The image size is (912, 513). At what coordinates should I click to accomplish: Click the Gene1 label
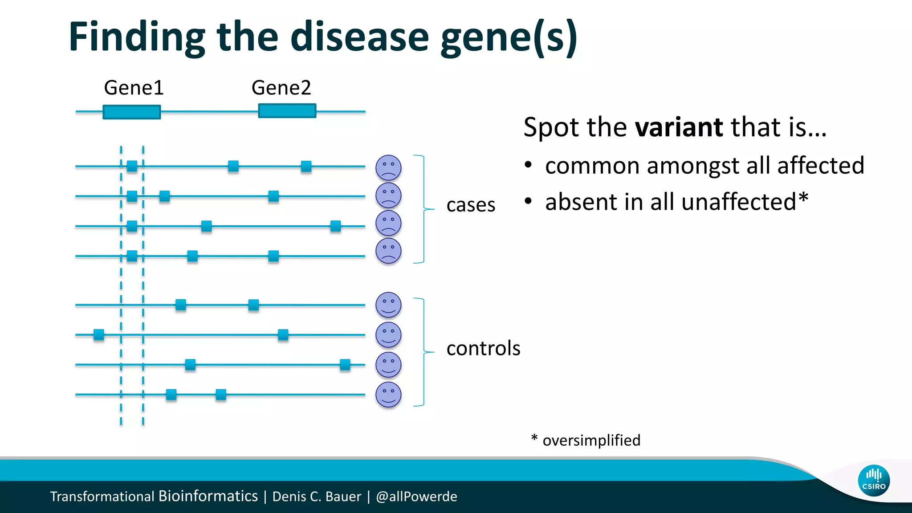134,88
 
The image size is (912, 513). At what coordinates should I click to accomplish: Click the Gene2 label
281,88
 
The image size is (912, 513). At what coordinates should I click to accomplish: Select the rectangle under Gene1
131,112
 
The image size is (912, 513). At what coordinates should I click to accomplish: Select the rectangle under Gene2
287,110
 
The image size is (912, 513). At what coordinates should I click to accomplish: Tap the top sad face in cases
388,167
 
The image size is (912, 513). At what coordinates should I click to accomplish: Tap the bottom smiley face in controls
388,395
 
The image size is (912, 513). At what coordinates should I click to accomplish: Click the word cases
471,205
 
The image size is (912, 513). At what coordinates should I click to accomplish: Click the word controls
483,348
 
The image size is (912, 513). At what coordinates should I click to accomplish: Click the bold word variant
679,127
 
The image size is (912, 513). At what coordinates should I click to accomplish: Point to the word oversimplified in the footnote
591,440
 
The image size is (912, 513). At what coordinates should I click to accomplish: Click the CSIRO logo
874,480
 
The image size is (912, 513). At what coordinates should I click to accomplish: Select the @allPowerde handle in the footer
416,497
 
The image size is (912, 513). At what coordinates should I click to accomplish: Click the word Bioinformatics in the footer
208,496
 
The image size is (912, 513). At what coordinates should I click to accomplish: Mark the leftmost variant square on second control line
99,334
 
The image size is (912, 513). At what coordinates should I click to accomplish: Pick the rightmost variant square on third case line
336,226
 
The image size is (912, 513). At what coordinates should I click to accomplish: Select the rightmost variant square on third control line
345,365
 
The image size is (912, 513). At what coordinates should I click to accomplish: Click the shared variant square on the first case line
132,167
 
